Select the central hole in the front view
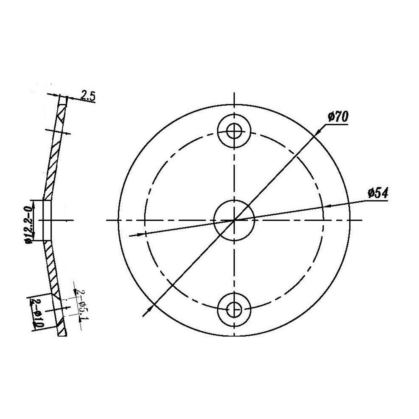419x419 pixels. click(x=234, y=220)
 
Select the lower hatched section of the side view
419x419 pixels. click(x=51, y=267)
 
